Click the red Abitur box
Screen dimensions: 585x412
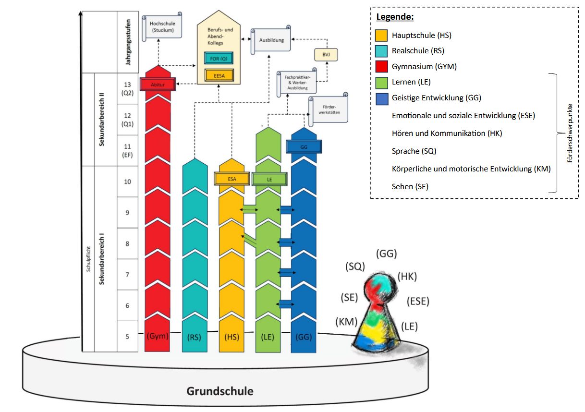158,85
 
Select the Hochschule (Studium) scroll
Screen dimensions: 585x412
162,26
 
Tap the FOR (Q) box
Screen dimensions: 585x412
219,59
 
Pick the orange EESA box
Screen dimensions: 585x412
219,76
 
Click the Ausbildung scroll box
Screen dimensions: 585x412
271,40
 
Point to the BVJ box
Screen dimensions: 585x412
326,55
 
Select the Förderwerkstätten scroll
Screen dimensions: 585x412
329,109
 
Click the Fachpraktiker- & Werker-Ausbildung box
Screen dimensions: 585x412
297,83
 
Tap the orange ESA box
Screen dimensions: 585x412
232,179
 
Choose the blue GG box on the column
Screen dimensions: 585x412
304,147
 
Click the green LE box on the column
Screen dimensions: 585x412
269,180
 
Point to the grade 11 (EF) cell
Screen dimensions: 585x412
127,151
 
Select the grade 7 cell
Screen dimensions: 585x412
127,274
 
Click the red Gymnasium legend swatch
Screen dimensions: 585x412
381,66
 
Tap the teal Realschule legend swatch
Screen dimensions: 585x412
381,51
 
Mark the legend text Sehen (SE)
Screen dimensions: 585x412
410,186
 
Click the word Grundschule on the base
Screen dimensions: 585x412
220,391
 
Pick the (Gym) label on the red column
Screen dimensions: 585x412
158,336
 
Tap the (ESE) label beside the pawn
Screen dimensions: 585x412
418,301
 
